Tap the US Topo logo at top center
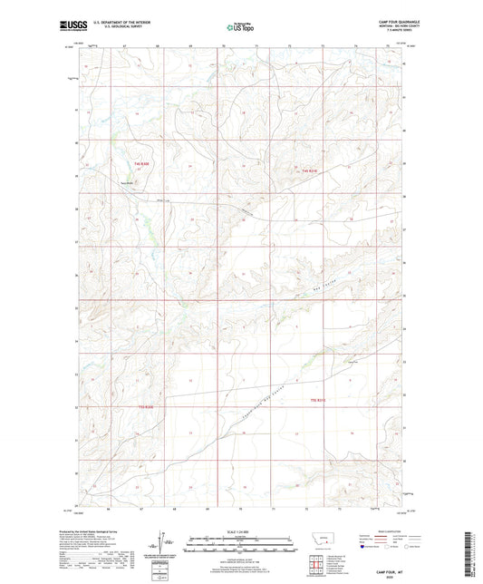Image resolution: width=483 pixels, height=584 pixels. pyautogui.click(x=240, y=28)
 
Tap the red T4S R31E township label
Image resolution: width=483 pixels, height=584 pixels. pyautogui.click(x=309, y=172)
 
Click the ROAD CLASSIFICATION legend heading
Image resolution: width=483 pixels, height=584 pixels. pyautogui.click(x=376, y=531)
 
